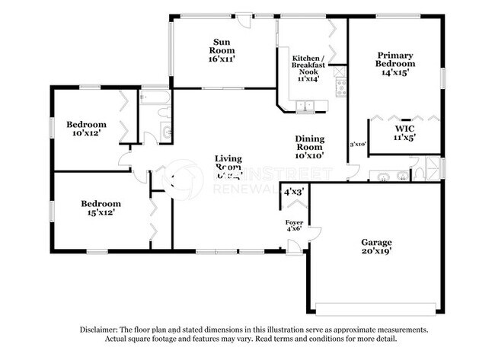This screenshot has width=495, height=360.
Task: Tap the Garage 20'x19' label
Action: click(376, 246)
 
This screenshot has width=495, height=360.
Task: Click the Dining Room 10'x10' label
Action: click(311, 144)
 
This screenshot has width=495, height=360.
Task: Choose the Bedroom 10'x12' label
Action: click(85, 128)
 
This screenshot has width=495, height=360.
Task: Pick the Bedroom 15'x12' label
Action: click(101, 208)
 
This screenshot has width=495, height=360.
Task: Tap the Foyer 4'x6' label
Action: click(293, 225)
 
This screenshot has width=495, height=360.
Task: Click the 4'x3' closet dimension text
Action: click(293, 193)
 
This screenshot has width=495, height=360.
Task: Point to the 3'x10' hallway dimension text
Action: click(358, 144)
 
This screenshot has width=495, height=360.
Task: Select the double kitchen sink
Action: click(305, 106)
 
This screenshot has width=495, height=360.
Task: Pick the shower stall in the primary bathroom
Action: click(433, 167)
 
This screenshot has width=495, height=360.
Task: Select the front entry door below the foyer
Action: click(293, 245)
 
